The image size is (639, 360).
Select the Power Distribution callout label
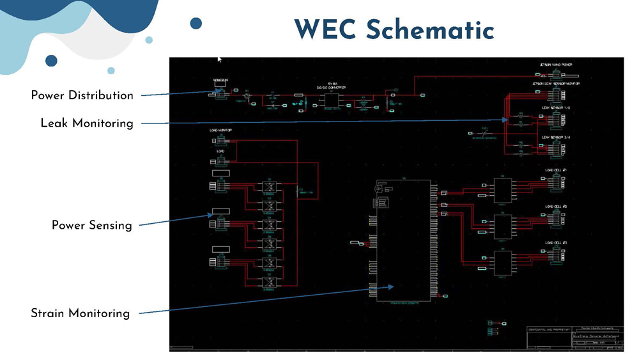point(82,96)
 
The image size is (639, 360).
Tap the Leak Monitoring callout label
point(87,123)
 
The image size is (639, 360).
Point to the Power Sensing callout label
point(92,225)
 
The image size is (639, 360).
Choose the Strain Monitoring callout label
point(81,313)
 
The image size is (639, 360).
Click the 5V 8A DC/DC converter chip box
point(331,101)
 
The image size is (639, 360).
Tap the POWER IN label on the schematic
point(220,81)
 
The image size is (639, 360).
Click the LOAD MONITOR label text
point(220,130)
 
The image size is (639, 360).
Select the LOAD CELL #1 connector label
point(555,171)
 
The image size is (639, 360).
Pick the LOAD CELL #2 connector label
point(555,207)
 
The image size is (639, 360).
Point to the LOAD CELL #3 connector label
point(555,243)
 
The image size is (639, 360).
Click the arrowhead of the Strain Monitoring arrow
point(396,287)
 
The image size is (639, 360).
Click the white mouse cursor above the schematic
point(219,59)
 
